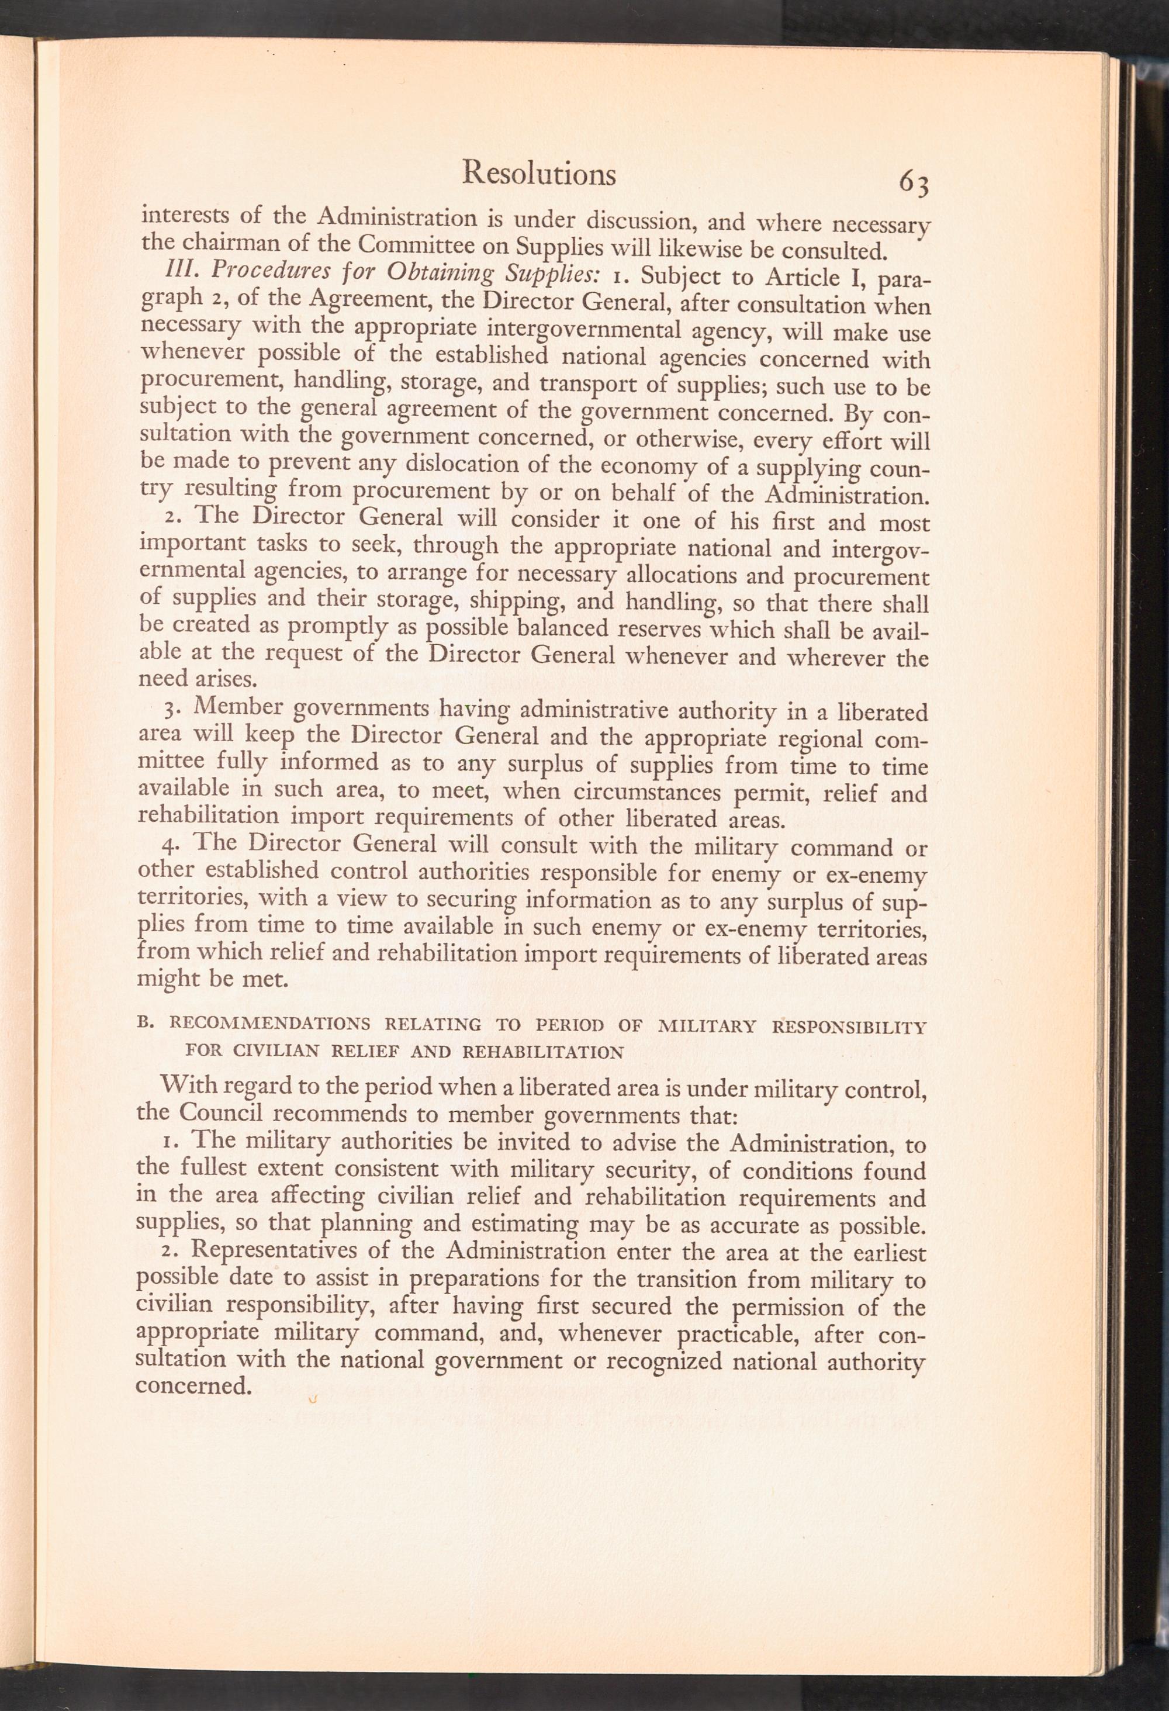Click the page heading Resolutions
pos(538,174)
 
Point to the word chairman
pos(230,242)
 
